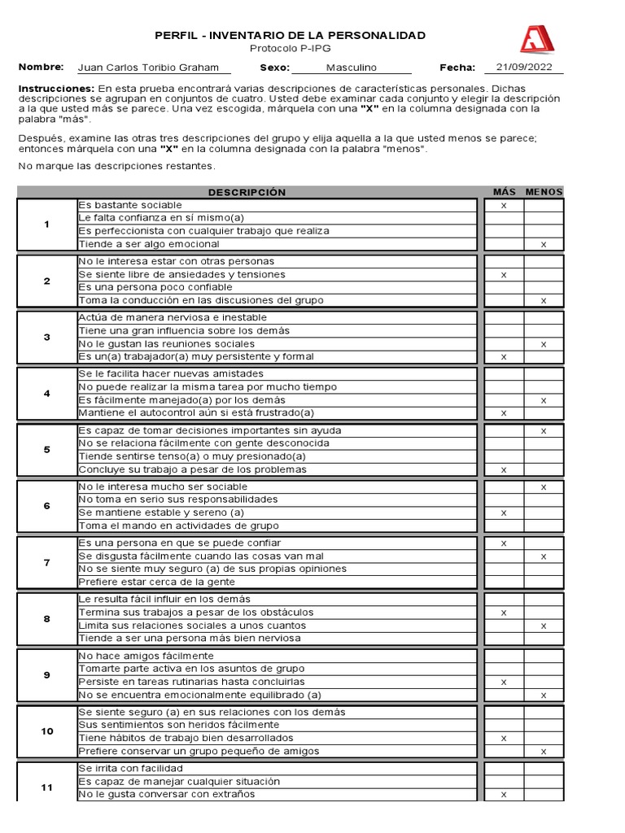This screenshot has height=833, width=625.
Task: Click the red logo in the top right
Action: (535, 38)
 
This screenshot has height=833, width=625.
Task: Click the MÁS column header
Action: (505, 192)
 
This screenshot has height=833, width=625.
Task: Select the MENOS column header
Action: (544, 192)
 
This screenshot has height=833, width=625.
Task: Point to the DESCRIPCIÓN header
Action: (247, 192)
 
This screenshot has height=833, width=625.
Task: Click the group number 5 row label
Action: (46, 450)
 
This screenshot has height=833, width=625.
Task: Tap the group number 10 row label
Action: (46, 731)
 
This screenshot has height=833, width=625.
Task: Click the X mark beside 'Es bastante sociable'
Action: (504, 205)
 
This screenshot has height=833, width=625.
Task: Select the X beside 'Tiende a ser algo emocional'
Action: (544, 244)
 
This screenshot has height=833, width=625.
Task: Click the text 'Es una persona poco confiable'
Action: (155, 287)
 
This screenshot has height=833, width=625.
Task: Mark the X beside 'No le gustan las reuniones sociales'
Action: (544, 344)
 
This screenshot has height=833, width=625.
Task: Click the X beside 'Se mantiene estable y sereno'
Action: (504, 512)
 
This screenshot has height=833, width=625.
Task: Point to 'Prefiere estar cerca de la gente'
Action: (156, 582)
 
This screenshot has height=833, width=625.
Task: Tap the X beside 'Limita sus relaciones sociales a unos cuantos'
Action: (544, 626)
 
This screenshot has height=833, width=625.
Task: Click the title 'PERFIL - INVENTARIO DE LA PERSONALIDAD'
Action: (290, 35)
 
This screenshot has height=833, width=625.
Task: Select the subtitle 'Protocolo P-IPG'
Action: (290, 48)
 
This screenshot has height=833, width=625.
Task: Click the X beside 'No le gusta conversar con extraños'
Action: (504, 794)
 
